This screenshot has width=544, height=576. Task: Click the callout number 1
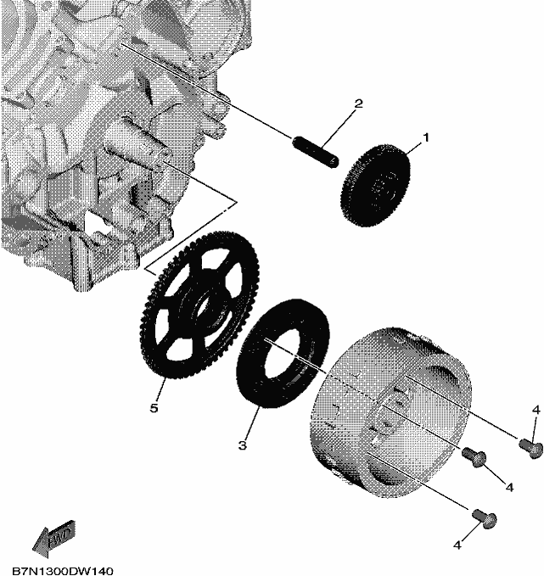click(x=426, y=138)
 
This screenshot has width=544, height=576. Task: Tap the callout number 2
click(x=358, y=103)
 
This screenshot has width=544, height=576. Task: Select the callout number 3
click(x=242, y=445)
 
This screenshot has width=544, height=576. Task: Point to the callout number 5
click(x=154, y=408)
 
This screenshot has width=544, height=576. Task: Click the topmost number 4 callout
click(x=536, y=410)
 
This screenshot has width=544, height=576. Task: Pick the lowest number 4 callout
click(x=457, y=545)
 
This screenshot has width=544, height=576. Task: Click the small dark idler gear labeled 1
click(x=376, y=185)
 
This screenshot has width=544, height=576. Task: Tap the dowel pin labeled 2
click(x=316, y=152)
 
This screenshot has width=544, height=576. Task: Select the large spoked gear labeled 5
click(x=200, y=305)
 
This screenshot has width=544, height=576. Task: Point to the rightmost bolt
click(x=530, y=447)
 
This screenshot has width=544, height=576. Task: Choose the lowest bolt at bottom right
click(x=485, y=518)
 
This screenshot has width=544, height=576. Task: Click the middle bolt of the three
click(x=474, y=456)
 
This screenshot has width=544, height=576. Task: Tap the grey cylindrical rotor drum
click(x=390, y=412)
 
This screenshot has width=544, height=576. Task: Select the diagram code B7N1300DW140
click(x=63, y=571)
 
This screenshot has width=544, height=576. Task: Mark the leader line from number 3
click(x=251, y=424)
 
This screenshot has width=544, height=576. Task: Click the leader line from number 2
click(x=338, y=128)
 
